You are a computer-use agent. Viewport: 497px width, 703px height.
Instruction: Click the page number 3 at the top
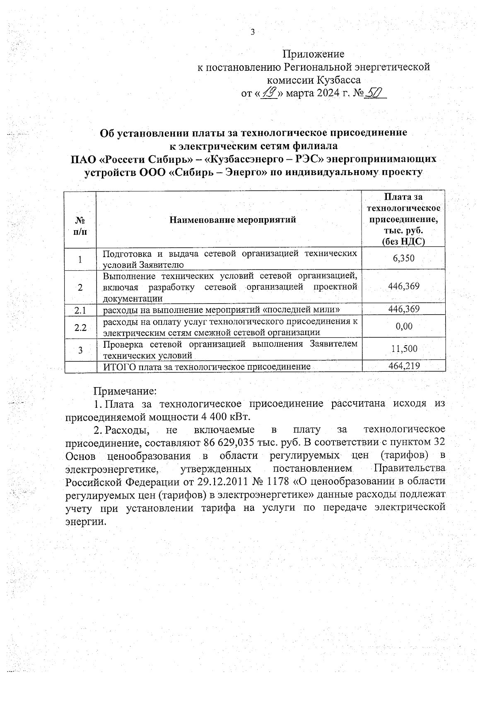coord(253,32)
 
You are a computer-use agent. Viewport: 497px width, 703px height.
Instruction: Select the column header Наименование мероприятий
coord(233,220)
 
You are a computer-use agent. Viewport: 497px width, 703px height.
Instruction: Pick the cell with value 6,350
coord(403,259)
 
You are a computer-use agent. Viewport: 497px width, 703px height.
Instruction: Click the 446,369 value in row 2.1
coord(403,309)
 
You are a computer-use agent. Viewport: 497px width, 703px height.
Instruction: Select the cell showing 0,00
coord(404,326)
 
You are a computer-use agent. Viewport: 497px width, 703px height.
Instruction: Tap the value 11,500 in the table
coord(404,349)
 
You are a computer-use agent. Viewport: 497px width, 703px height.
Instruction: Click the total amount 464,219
coord(404,366)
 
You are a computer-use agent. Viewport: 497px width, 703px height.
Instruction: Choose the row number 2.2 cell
coord(80,327)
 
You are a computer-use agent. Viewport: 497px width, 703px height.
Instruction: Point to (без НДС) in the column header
coord(403,242)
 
